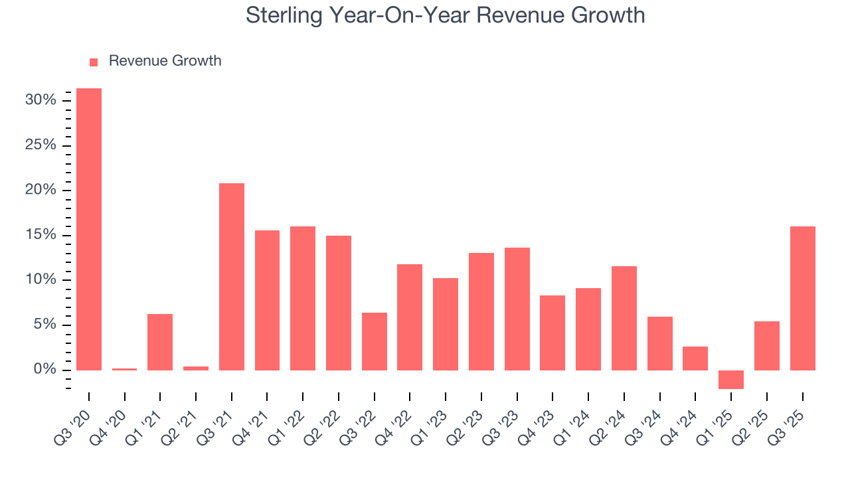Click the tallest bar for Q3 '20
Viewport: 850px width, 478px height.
(x=89, y=229)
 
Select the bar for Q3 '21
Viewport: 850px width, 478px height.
(x=232, y=276)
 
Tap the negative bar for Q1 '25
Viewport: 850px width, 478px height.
(x=731, y=379)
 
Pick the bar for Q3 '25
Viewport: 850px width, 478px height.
(x=802, y=298)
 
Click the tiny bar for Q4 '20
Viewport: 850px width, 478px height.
(x=125, y=369)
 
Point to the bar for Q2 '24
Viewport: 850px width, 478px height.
(x=624, y=318)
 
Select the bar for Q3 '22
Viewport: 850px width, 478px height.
(x=375, y=341)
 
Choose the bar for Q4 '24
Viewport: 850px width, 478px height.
(x=695, y=358)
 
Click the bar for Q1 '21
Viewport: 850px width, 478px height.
(x=160, y=342)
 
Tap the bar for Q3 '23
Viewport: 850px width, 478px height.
(x=517, y=309)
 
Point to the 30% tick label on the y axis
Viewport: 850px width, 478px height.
(x=41, y=100)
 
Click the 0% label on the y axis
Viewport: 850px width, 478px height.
(x=44, y=370)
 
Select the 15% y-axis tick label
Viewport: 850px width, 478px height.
(x=41, y=235)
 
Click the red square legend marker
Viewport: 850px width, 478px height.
(x=94, y=62)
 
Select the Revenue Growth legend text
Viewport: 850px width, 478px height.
(x=165, y=61)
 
